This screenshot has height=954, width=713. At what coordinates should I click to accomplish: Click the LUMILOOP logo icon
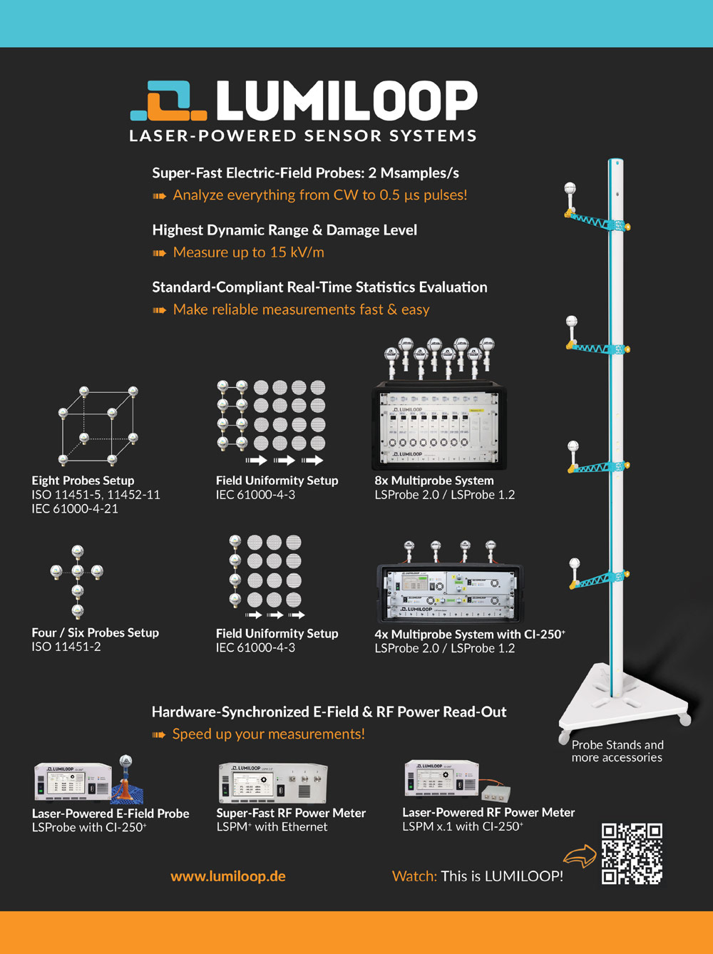tap(168, 101)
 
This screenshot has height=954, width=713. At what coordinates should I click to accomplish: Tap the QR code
tap(632, 853)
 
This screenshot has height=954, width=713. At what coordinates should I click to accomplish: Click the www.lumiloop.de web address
tap(228, 876)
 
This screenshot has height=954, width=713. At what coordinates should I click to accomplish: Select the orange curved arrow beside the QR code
tap(579, 856)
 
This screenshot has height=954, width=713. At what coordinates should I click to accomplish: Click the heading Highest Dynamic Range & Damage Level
tap(284, 230)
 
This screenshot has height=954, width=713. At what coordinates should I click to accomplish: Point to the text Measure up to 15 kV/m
tap(248, 252)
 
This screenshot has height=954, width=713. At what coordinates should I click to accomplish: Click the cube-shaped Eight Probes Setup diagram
tap(98, 426)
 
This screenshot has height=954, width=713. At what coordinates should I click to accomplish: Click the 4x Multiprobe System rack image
tap(449, 592)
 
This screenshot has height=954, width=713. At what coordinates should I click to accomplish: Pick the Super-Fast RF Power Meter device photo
tap(272, 783)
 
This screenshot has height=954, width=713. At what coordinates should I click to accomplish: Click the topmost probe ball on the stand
tap(570, 190)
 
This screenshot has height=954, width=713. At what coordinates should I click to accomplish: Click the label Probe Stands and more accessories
tap(617, 752)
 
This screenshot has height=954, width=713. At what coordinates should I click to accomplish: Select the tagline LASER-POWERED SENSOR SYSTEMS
tap(303, 136)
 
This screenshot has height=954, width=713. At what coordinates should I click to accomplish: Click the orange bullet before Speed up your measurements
tap(159, 735)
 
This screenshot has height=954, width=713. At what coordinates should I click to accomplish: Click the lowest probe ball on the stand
tap(575, 566)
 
